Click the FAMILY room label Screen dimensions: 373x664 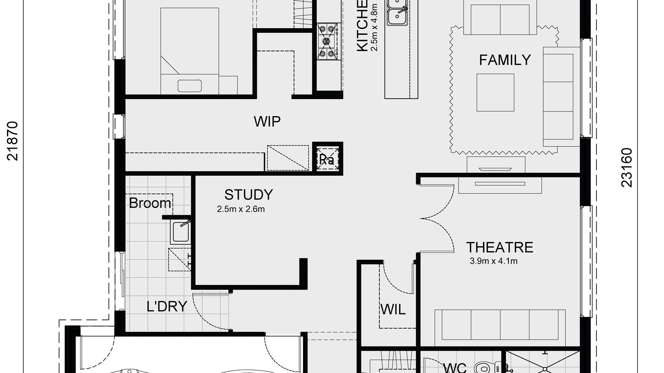(x=505, y=60)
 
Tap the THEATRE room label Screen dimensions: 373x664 (x=499, y=247)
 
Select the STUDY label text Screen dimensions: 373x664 (x=249, y=194)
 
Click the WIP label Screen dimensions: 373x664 (x=267, y=122)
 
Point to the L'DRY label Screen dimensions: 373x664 (x=167, y=307)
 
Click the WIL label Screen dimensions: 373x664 (x=393, y=310)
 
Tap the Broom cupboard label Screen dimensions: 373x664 (x=150, y=203)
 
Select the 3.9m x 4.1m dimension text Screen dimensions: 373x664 (x=493, y=262)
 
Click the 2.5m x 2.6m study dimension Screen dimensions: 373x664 (x=241, y=209)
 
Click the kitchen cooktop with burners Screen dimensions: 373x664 (x=327, y=41)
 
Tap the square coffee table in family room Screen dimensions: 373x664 (x=495, y=92)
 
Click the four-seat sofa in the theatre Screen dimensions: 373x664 (x=500, y=325)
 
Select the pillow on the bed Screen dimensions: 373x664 (x=190, y=86)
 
